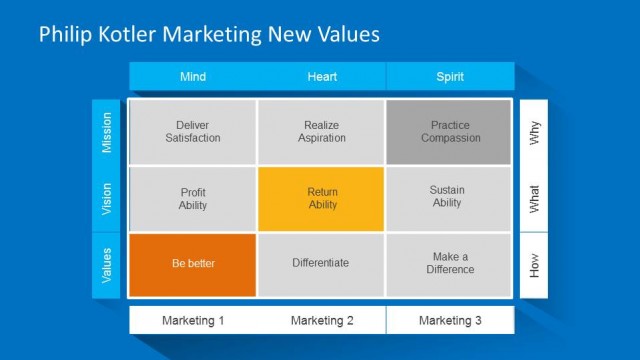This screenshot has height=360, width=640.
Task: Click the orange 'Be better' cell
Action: [192, 264]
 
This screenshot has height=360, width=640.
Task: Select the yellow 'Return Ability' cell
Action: [321, 199]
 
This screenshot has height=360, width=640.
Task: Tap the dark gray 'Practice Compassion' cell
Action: [449, 132]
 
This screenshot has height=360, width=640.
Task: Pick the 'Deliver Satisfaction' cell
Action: [192, 132]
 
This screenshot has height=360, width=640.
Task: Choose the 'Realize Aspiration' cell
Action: [321, 132]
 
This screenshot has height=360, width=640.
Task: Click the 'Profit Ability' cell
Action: [192, 199]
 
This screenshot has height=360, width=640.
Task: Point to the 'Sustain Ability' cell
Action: [449, 197]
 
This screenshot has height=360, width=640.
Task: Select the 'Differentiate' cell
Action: [321, 264]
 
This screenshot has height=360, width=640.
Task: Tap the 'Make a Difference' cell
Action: [449, 264]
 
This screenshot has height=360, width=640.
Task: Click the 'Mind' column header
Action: [193, 77]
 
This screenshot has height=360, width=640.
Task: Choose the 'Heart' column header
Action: [321, 77]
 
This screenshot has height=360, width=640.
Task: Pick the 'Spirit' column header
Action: [450, 77]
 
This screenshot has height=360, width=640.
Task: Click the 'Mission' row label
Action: [107, 132]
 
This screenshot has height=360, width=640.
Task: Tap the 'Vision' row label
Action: [107, 199]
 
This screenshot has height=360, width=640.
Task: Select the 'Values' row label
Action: [107, 264]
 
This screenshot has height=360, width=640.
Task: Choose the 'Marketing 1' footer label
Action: [193, 321]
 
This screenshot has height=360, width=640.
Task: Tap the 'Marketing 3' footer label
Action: [450, 321]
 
